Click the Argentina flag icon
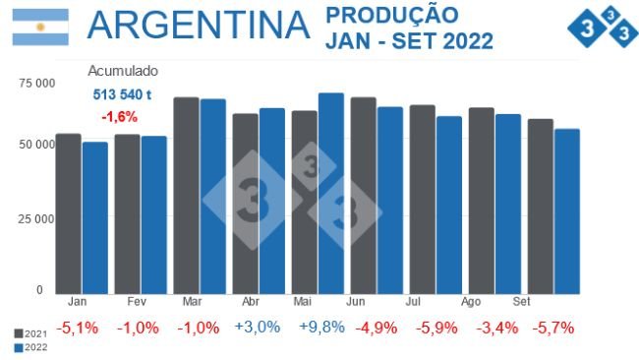pyautogui.click(x=40, y=28)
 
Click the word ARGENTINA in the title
pyautogui.click(x=198, y=27)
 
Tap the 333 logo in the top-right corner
pyautogui.click(x=602, y=30)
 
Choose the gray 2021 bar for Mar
pyautogui.click(x=187, y=196)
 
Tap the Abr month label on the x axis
pyautogui.click(x=251, y=302)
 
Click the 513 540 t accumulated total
pyautogui.click(x=122, y=94)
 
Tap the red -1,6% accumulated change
pyautogui.click(x=119, y=116)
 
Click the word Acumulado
pyautogui.click(x=123, y=72)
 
